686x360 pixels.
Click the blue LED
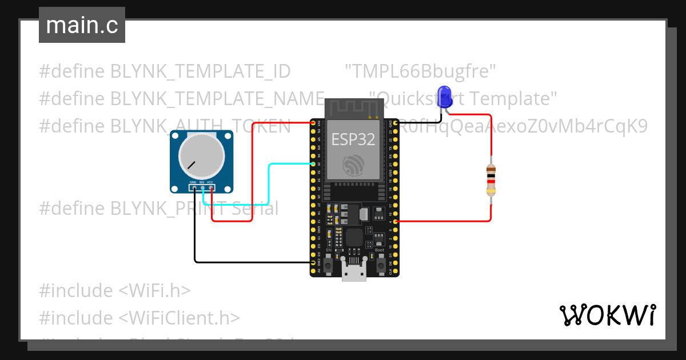pos(445,96)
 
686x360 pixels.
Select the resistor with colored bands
pos(490,179)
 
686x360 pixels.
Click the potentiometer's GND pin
pos(195,187)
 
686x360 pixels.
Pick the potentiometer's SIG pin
pos(203,187)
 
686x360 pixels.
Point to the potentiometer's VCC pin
pos(211,187)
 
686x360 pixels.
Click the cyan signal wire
pos(269,183)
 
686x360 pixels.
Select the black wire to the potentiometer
pos(252,262)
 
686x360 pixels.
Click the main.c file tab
pos(82,26)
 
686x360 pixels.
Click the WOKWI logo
pos(608,315)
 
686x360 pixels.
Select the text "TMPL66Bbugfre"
pos(420,71)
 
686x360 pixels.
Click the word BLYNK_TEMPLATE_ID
pos(200,71)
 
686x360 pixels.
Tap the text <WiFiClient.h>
pos(180,318)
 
